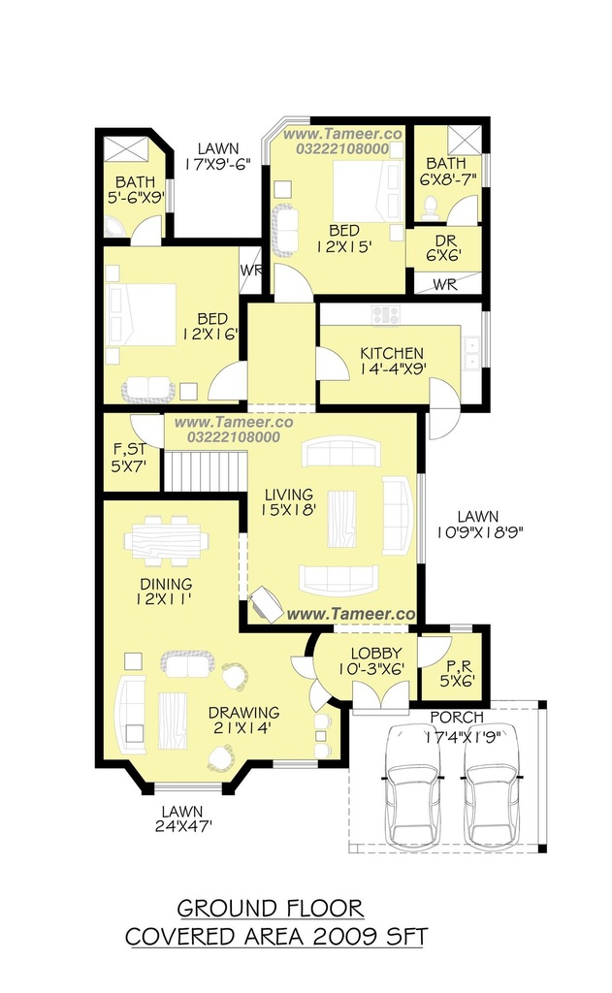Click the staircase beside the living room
click(x=206, y=470)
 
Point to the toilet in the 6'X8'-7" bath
click(x=431, y=208)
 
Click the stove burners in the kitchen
click(x=386, y=314)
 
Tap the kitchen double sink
click(x=472, y=353)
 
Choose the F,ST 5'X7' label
click(x=129, y=458)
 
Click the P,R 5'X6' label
click(x=458, y=674)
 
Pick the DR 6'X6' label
click(x=443, y=248)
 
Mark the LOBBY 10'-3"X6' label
click(x=376, y=660)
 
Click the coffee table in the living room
click(x=341, y=519)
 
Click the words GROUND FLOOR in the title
click(x=271, y=908)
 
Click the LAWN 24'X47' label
click(x=182, y=818)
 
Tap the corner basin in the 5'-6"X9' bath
click(x=114, y=227)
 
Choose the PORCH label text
click(x=457, y=718)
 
